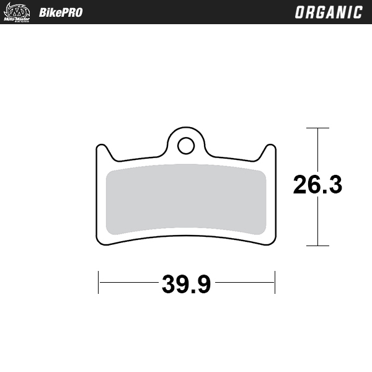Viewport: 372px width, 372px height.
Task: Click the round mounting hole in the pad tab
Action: pyautogui.click(x=185, y=145)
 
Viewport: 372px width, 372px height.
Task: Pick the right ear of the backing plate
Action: pyautogui.click(x=270, y=151)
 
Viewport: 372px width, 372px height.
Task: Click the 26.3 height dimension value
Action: pyautogui.click(x=317, y=185)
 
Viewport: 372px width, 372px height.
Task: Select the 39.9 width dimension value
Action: pyautogui.click(x=186, y=284)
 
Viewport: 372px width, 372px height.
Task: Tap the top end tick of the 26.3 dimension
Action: pyautogui.click(x=317, y=128)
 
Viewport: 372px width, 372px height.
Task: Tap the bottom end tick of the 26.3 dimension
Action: pyautogui.click(x=317, y=246)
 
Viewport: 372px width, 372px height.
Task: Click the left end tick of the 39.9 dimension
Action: pyautogui.click(x=99, y=283)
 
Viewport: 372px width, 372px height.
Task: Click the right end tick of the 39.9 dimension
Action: pyautogui.click(x=274, y=283)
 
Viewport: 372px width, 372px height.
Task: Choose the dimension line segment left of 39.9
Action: pyautogui.click(x=127, y=283)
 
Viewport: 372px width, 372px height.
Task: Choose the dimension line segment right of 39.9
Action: pyautogui.click(x=245, y=283)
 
